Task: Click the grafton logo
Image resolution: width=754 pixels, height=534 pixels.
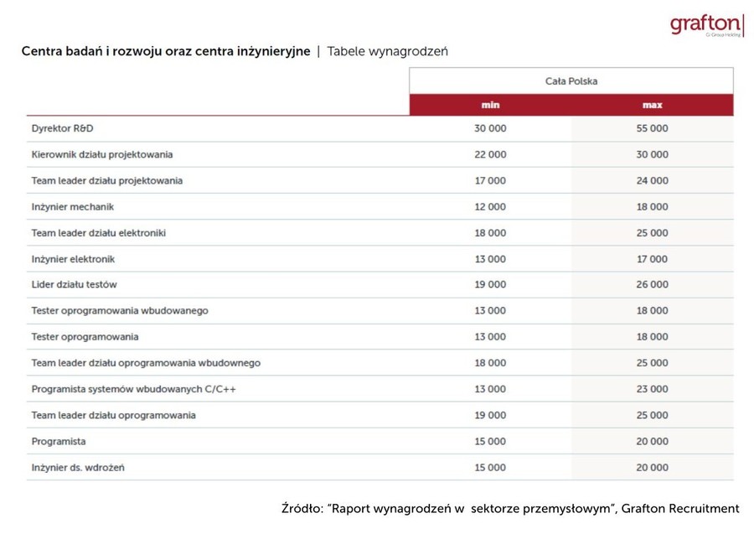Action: pos(706,25)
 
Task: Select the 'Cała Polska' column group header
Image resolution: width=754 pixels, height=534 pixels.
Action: pos(571,81)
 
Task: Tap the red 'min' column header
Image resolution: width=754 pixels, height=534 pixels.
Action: pos(490,105)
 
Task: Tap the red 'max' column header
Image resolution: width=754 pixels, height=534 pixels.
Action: pos(652,105)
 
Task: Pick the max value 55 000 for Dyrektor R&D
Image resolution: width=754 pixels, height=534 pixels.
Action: pos(652,128)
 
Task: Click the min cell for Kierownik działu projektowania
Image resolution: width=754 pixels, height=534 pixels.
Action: pos(490,154)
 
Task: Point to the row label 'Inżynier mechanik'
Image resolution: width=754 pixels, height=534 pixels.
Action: pos(73,206)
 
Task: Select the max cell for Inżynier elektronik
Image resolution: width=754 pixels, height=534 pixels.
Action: pos(652,259)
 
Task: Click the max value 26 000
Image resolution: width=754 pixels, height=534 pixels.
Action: pos(652,285)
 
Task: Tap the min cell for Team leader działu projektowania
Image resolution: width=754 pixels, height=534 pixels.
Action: pos(490,180)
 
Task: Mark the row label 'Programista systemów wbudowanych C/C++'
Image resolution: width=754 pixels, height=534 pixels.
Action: pos(134,389)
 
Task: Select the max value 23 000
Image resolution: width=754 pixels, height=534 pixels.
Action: pos(652,389)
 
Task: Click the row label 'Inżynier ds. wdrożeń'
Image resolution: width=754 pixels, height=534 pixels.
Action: pos(78,467)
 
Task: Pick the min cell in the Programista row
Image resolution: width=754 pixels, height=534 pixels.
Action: pos(490,441)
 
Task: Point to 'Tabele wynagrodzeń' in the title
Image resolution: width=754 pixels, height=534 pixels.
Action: pos(387,51)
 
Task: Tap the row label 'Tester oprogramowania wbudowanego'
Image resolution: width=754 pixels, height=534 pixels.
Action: pos(120,311)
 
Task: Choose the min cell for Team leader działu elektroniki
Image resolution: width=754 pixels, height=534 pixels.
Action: pos(490,233)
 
